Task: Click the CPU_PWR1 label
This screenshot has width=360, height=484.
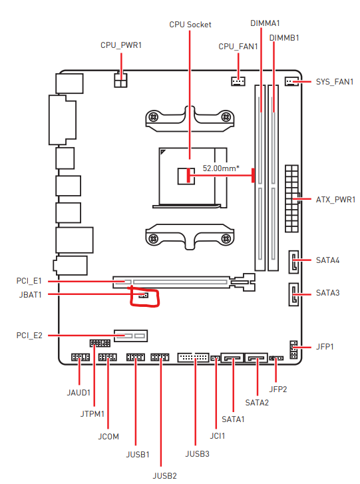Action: point(121,45)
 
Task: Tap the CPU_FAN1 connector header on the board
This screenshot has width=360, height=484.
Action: point(238,81)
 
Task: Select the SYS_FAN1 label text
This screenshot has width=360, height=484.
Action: point(335,82)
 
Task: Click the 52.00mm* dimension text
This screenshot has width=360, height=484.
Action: point(221,168)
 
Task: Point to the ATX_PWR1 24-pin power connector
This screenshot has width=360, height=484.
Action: point(291,198)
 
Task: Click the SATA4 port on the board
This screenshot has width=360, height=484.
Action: point(293,262)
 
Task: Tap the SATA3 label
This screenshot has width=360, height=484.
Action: point(327,293)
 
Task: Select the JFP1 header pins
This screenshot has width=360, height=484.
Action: point(293,350)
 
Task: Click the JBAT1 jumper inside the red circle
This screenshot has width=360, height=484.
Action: point(143,296)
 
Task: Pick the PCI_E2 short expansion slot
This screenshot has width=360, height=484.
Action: point(131,336)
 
